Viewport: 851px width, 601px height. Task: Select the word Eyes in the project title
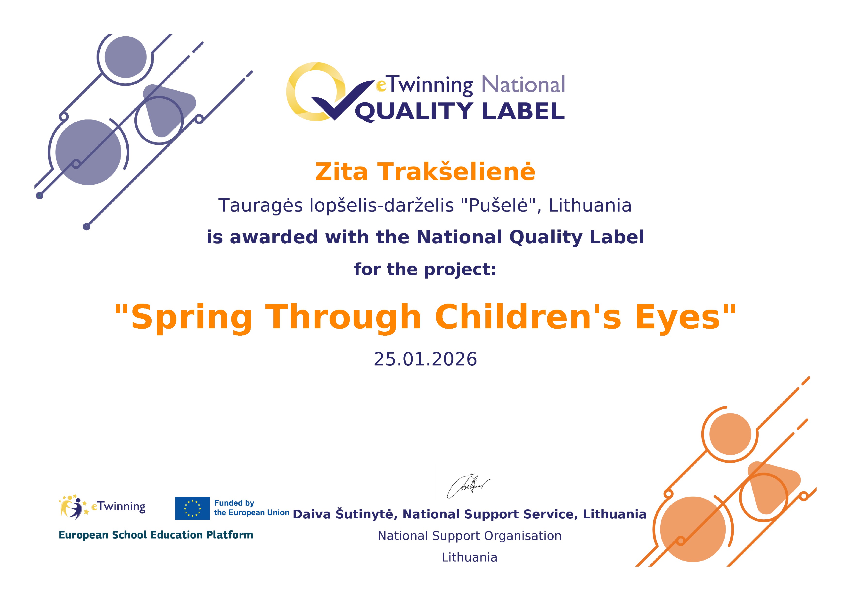point(678,317)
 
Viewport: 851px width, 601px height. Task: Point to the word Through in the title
point(343,317)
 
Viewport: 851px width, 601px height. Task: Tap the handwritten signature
point(468,486)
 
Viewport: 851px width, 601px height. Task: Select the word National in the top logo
point(523,85)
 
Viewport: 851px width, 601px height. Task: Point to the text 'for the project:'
point(425,269)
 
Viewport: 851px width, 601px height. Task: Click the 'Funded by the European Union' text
point(252,508)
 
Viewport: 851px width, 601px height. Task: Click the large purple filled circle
point(88,152)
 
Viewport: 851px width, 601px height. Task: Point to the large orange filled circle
point(693,530)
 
